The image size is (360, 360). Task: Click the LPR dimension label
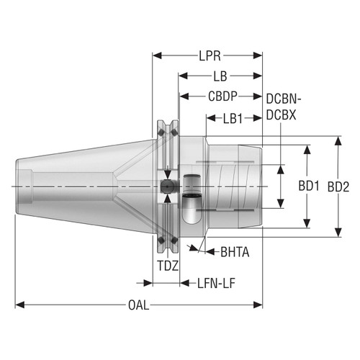point(209,55)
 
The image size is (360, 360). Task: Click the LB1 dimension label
point(233,116)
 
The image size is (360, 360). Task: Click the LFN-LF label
point(217,283)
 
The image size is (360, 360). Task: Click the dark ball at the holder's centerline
point(167,186)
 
